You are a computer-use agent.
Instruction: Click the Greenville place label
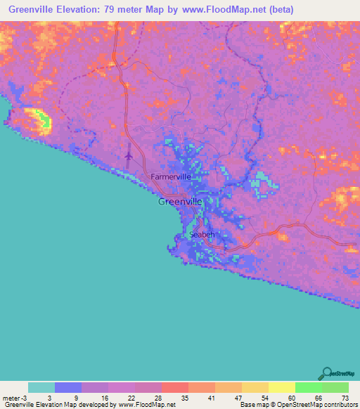[180, 201]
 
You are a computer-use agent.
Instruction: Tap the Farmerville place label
[171, 177]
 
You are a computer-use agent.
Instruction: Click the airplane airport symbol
[128, 157]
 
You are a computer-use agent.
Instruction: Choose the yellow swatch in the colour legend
[281, 387]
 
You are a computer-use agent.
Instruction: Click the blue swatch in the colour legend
[68, 387]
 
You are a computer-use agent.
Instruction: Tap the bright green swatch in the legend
[308, 387]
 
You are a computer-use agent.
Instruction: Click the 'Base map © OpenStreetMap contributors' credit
[298, 405]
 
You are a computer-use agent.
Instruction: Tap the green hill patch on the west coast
[41, 120]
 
